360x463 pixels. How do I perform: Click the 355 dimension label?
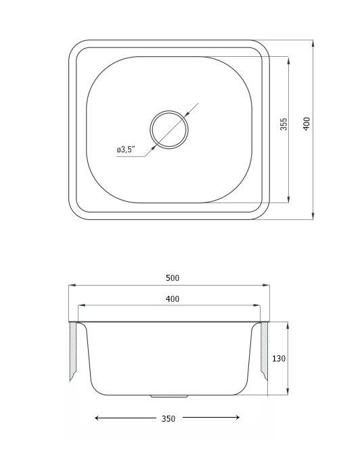(x=284, y=124)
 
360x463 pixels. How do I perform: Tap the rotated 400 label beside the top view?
(x=307, y=124)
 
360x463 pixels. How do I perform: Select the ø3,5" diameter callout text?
(x=126, y=150)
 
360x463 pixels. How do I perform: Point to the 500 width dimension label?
(x=173, y=278)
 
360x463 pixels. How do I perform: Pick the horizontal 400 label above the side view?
(x=173, y=299)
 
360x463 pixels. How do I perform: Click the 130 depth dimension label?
(x=279, y=359)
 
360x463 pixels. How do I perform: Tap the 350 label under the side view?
(x=168, y=419)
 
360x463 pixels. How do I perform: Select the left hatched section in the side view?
(x=73, y=351)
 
